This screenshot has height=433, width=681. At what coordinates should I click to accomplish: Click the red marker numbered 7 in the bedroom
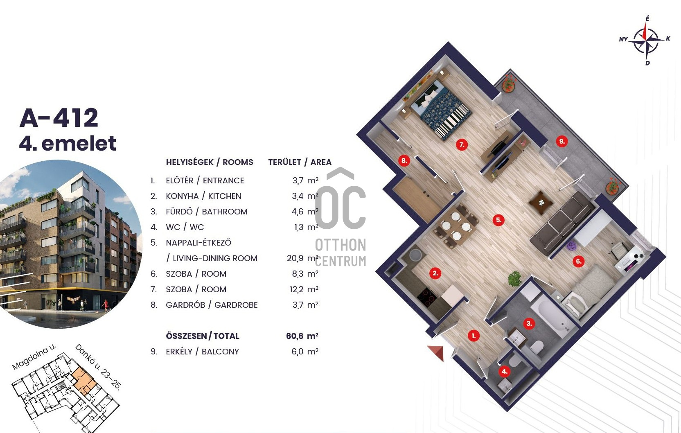[462, 145]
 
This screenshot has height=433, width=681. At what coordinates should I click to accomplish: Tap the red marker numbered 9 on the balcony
[561, 141]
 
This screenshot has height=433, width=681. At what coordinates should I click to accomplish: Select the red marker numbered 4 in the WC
[504, 371]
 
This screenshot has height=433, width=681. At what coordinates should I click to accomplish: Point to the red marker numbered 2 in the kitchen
[435, 273]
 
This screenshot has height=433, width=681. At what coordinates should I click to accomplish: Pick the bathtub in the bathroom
[552, 315]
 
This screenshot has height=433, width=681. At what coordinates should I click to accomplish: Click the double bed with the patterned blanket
[441, 109]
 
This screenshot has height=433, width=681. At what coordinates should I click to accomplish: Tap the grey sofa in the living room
[562, 223]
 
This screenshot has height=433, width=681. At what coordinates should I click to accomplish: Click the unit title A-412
[59, 118]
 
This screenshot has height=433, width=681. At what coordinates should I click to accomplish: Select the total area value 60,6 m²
[302, 336]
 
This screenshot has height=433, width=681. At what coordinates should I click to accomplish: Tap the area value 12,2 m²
[304, 289]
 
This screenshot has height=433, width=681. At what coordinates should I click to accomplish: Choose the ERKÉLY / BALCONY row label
[203, 352]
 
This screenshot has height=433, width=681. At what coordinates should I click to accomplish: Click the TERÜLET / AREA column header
[300, 162]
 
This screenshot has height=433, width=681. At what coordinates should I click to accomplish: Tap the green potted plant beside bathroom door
[514, 279]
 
